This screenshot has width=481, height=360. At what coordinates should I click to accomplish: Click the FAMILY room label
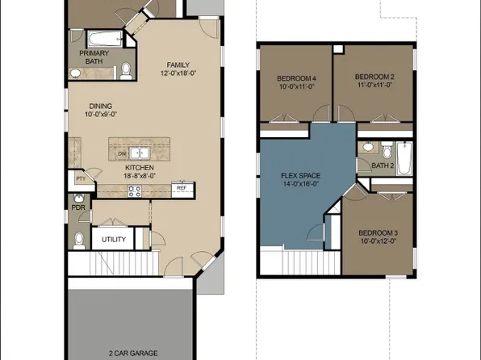point(178,65)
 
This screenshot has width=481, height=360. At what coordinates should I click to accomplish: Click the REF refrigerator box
point(182,188)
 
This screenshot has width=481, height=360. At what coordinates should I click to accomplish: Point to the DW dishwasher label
point(121,152)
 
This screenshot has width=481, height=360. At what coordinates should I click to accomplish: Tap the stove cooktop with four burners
point(135,191)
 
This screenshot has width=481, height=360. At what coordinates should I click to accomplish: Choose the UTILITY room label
point(113,240)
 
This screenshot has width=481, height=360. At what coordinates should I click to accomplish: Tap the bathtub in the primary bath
point(101,38)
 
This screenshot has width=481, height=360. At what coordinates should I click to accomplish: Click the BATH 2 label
point(383,166)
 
